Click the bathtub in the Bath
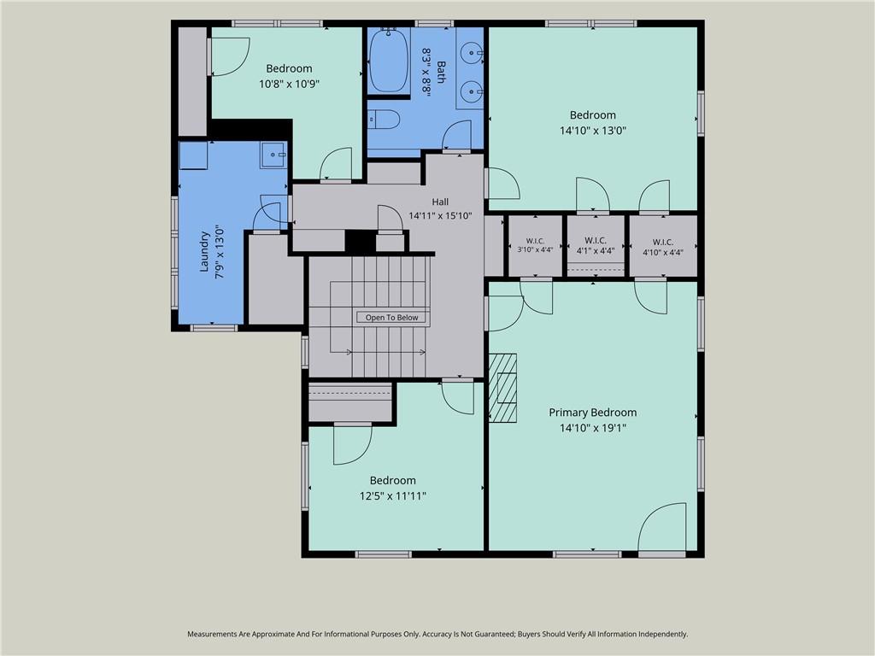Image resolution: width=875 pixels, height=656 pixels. pyautogui.click(x=389, y=61)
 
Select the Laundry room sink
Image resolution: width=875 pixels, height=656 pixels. pyautogui.click(x=273, y=155)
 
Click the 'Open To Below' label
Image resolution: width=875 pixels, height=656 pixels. pyautogui.click(x=391, y=318)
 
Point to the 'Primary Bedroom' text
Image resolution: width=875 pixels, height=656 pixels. pyautogui.click(x=593, y=413)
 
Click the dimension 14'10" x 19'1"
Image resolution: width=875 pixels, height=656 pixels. pyautogui.click(x=593, y=428)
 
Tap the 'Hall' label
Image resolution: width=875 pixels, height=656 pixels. pyautogui.click(x=440, y=202)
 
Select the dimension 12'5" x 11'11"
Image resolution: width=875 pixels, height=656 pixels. pyautogui.click(x=393, y=496)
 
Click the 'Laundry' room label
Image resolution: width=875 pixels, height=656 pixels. pyautogui.click(x=204, y=252)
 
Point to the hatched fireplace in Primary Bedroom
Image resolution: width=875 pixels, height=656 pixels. pyautogui.click(x=502, y=387)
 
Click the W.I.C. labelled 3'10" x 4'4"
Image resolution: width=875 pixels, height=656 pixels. pyautogui.click(x=535, y=245)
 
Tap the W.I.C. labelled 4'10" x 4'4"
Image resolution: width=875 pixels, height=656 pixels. pyautogui.click(x=663, y=245)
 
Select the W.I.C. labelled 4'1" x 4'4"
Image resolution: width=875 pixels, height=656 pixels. pyautogui.click(x=596, y=245)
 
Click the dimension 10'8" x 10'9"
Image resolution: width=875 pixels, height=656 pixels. pyautogui.click(x=289, y=85)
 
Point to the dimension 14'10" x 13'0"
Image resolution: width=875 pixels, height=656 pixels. pyautogui.click(x=593, y=131)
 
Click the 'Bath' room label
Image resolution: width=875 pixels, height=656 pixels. pyautogui.click(x=442, y=72)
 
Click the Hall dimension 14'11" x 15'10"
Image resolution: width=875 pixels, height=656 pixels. pyautogui.click(x=440, y=216)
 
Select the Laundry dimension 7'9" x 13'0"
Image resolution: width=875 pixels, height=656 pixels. pyautogui.click(x=220, y=252)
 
